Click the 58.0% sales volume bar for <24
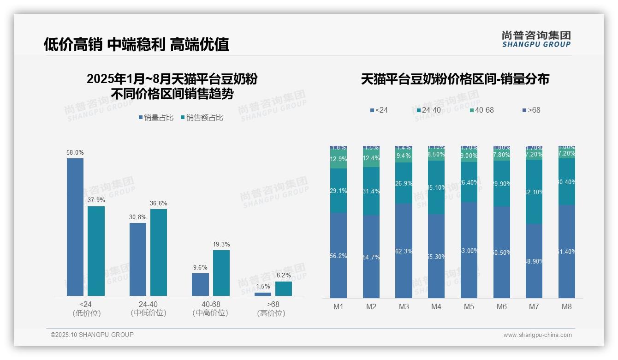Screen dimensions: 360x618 pyautogui.click(x=75, y=227)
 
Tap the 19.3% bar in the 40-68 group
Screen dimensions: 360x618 pyautogui.click(x=221, y=273)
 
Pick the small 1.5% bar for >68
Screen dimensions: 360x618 pyautogui.click(x=263, y=294)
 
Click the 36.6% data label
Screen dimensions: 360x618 pyautogui.click(x=159, y=203)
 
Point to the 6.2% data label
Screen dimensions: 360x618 pyautogui.click(x=284, y=276)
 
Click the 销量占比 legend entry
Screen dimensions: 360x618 pyautogui.click(x=155, y=118)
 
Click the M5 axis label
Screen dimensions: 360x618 pyautogui.click(x=469, y=306)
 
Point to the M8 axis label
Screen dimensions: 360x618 pyautogui.click(x=567, y=306)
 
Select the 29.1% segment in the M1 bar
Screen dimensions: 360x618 pyautogui.click(x=339, y=191)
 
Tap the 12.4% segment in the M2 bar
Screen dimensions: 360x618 pyautogui.click(x=371, y=158)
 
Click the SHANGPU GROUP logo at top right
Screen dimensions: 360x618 pyautogui.click(x=536, y=39)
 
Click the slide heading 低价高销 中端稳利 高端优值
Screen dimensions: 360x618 pyautogui.click(x=137, y=44)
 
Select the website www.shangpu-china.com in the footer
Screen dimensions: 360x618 pyautogui.click(x=537, y=335)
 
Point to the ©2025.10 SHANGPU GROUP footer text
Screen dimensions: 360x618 pyautogui.click(x=92, y=335)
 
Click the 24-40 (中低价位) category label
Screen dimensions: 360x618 pyautogui.click(x=148, y=308)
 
